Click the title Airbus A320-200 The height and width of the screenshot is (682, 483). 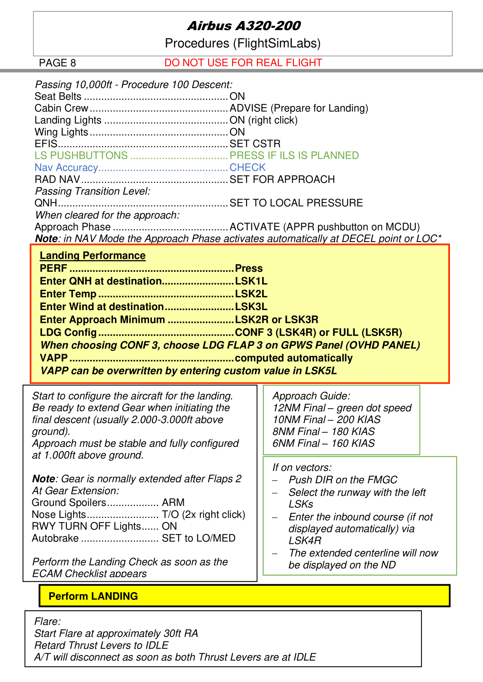[244, 26]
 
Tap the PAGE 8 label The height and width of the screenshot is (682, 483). [57, 63]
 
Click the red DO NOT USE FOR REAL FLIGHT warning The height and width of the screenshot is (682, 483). [243, 63]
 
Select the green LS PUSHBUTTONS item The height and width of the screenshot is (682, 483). [81, 155]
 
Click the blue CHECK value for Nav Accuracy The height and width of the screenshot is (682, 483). [247, 167]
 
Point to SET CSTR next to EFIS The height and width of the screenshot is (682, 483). [255, 143]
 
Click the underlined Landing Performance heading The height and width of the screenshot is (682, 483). [92, 256]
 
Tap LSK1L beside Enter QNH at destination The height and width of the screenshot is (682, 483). [251, 281]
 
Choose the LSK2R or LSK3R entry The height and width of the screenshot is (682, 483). [276, 320]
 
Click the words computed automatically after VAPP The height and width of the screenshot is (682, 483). [294, 358]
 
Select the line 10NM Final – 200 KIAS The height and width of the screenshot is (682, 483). [326, 420]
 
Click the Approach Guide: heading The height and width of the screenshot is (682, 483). [311, 396]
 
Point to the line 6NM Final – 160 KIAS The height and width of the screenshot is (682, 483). [323, 443]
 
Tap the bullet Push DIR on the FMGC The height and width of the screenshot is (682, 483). [343, 480]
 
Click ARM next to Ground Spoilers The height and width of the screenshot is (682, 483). [173, 503]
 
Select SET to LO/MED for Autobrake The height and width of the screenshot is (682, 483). [199, 538]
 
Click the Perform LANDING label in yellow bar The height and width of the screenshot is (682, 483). [93, 596]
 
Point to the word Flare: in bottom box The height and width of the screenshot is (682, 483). [47, 621]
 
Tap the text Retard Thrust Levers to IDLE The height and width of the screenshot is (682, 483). [101, 645]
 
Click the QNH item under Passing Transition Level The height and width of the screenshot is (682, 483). [46, 203]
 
